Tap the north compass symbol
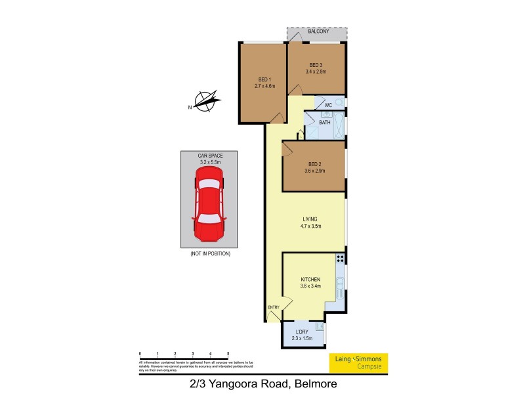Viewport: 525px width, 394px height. point(206,102)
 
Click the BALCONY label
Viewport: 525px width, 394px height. point(318,31)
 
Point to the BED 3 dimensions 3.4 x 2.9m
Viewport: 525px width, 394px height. point(316,72)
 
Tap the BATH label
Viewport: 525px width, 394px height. point(324,122)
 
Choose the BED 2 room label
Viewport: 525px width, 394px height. point(314,164)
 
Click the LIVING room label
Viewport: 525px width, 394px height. point(310,219)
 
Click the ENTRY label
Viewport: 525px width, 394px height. point(274,307)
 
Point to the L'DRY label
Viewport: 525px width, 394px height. point(302,332)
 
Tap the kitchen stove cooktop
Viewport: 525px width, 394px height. point(341,259)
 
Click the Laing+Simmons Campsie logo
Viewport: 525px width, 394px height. point(358,361)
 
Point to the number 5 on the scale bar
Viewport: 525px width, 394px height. point(228,354)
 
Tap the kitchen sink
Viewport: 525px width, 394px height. point(340,285)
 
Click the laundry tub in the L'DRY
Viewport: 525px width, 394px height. point(319,326)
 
